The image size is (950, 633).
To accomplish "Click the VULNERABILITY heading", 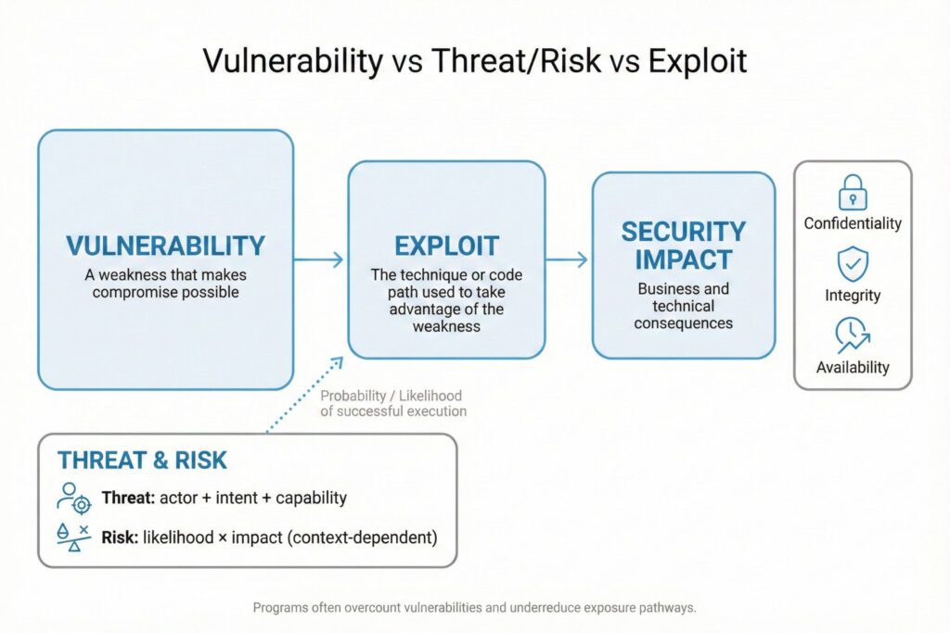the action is pos(165,246).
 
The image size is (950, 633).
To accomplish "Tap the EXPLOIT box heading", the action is pos(446,247).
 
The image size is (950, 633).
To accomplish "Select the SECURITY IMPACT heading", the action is pos(684,246).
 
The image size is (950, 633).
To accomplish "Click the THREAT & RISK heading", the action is pos(142,461).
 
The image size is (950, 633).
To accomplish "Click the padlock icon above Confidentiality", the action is pos(853,193).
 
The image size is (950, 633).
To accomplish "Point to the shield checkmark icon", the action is pos(853,264).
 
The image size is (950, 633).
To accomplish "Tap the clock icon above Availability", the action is pos(853,335).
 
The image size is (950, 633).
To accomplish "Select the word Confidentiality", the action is pos(853,223).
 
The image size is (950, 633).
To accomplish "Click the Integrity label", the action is pos(853,296).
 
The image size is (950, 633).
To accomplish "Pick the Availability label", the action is pos(853,367).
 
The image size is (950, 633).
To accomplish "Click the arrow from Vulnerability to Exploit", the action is pos(319,260).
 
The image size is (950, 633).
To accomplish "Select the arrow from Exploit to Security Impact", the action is pos(567,260).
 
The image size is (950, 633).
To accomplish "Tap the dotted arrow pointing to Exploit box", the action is pos(304,394).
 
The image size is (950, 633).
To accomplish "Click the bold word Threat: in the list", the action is pos(128,498).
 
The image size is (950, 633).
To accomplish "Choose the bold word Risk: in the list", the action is pos(120,538).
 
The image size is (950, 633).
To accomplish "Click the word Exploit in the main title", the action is pos(698,61).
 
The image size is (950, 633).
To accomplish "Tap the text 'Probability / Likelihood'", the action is pos(391,396).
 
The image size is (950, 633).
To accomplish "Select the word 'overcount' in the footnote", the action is pos(373,608).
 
